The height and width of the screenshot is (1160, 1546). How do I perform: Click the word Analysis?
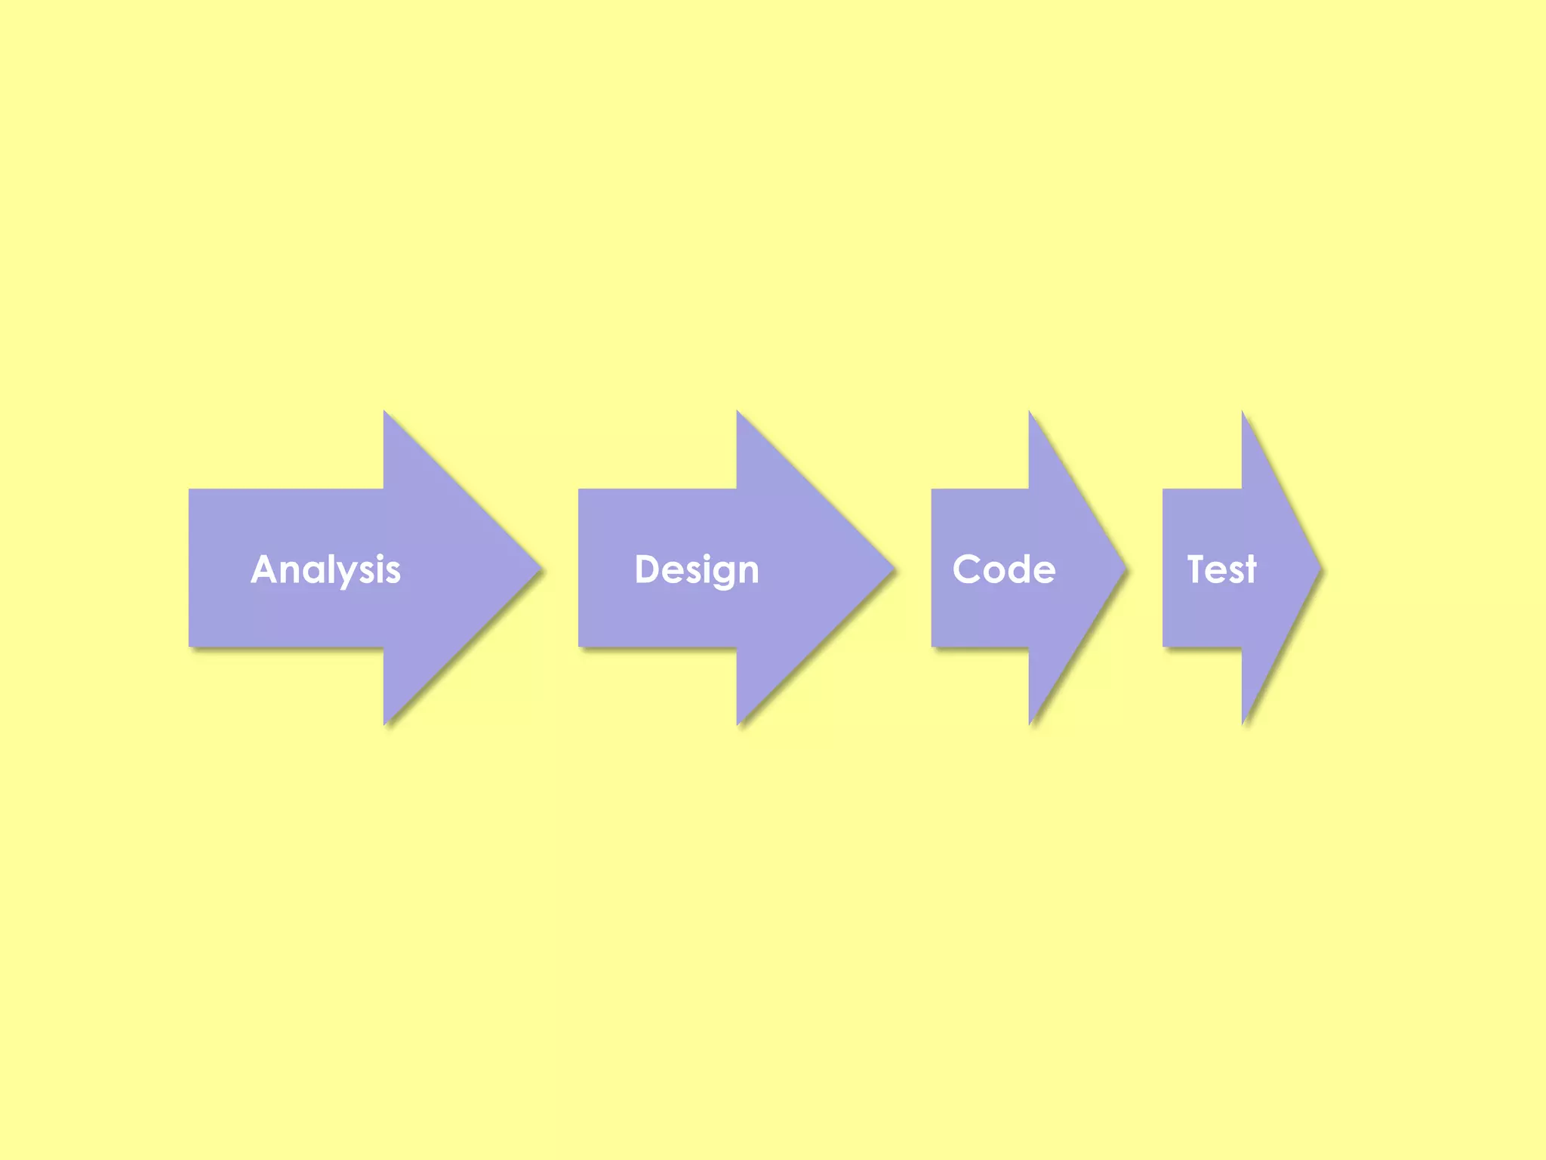click(325, 569)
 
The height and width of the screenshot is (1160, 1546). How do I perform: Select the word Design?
click(696, 569)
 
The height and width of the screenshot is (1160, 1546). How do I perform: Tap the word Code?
click(1003, 569)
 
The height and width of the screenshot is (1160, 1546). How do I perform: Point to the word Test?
click(1221, 569)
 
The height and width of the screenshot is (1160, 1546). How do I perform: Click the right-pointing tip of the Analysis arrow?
click(540, 567)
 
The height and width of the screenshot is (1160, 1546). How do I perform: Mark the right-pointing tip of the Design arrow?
click(894, 567)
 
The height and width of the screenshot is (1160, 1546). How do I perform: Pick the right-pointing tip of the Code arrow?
click(1126, 567)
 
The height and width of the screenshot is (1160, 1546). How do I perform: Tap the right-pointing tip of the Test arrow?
click(1320, 567)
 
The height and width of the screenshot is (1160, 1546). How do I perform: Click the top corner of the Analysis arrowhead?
click(384, 412)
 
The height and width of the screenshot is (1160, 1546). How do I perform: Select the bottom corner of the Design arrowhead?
click(738, 723)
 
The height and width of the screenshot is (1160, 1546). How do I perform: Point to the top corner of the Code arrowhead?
click(1030, 412)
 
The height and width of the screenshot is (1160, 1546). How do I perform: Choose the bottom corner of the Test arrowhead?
click(1243, 723)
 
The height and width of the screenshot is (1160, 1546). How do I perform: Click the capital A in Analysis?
click(266, 569)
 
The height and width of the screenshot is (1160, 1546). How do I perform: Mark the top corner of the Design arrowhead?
click(738, 412)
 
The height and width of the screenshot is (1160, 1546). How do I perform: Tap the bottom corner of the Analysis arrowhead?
click(384, 723)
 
